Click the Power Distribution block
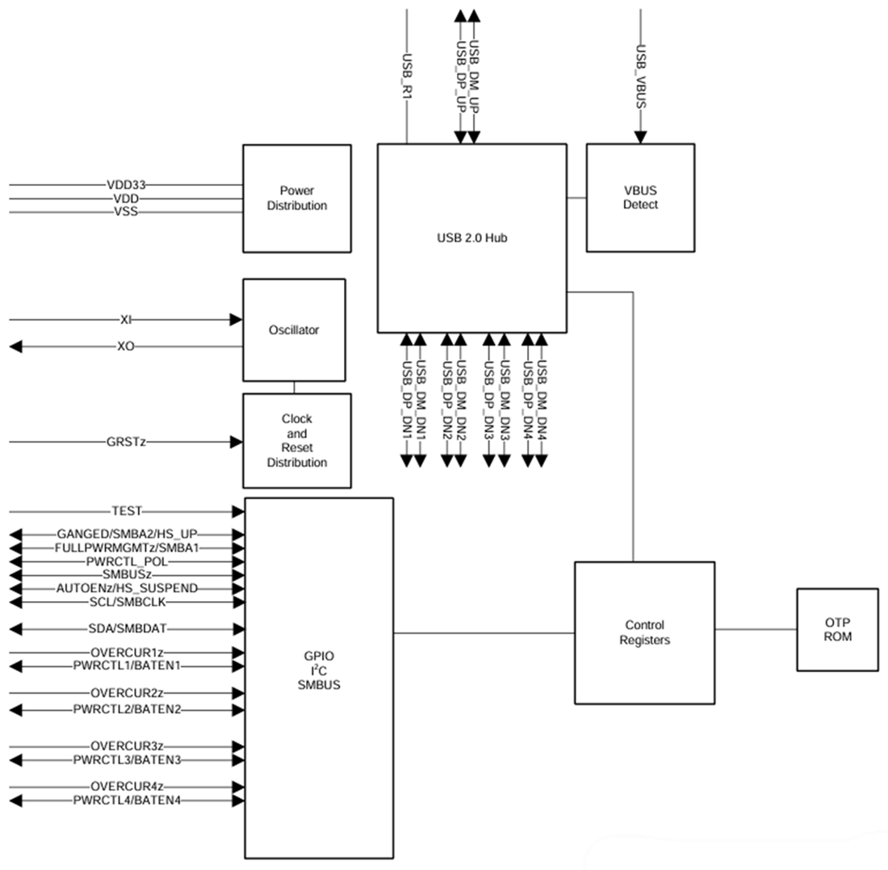pyautogui.click(x=297, y=199)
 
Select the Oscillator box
pyautogui.click(x=294, y=330)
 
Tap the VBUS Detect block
pyautogui.click(x=640, y=198)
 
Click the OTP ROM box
pyautogui.click(x=837, y=629)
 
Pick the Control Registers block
pyautogui.click(x=644, y=633)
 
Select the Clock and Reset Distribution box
pyautogui.click(x=297, y=441)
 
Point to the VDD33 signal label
pyautogui.click(x=124, y=184)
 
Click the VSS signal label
pyautogui.click(x=126, y=212)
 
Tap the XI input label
pyautogui.click(x=126, y=320)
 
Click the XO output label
pyautogui.click(x=126, y=347)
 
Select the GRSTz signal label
pyautogui.click(x=126, y=442)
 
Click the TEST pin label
pyautogui.click(x=127, y=511)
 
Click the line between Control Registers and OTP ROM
pyautogui.click(x=756, y=629)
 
